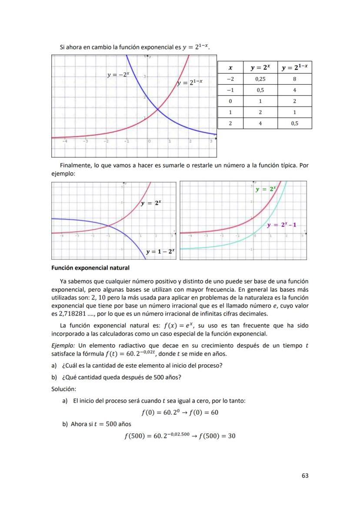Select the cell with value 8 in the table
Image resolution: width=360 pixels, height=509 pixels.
coord(294,79)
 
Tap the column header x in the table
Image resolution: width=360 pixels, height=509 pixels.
coord(230,68)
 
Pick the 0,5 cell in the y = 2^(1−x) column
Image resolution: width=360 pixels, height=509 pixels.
coord(294,123)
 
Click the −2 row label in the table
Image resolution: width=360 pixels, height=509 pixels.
coord(230,79)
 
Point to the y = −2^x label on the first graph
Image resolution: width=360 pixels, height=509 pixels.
coord(118,75)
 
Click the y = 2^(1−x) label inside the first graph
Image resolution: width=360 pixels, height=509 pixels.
coord(190,83)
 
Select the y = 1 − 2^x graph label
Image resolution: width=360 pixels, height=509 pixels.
coord(160,251)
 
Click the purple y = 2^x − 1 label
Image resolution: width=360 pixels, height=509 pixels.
coord(281,225)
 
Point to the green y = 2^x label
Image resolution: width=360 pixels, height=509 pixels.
coord(265,189)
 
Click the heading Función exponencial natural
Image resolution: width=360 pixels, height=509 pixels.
coord(90,268)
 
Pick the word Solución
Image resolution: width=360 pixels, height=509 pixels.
coord(64,388)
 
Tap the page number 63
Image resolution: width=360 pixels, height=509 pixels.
coord(305,476)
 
